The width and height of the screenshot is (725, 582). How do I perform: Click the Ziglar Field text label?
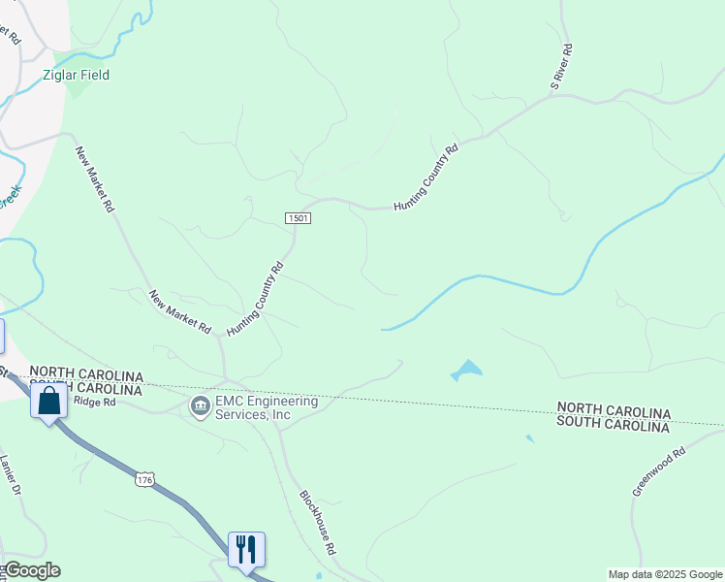point(76,75)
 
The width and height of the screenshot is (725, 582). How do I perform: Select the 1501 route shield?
point(299,219)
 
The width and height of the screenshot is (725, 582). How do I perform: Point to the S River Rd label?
point(561,67)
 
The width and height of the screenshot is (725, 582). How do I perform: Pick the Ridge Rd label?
point(94,401)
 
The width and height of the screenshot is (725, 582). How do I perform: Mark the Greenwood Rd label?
point(658,471)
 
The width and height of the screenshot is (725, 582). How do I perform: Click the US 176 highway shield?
point(144,479)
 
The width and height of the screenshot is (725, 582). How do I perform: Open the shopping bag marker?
point(49,401)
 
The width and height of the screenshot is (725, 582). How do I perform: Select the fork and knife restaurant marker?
point(246,549)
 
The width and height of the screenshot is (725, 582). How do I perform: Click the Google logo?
point(32,570)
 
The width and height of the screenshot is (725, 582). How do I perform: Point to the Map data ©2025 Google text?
point(664,574)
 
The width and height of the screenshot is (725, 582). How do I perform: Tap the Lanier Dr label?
point(11,475)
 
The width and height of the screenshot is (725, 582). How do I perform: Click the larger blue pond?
point(466,370)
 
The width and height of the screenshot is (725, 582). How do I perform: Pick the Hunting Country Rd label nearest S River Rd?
point(426,178)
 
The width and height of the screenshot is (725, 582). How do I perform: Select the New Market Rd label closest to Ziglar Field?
point(95,179)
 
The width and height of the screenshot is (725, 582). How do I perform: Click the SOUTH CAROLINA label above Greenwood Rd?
point(613,426)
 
